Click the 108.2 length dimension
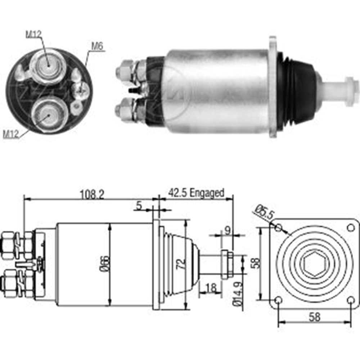(x=92, y=195)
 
